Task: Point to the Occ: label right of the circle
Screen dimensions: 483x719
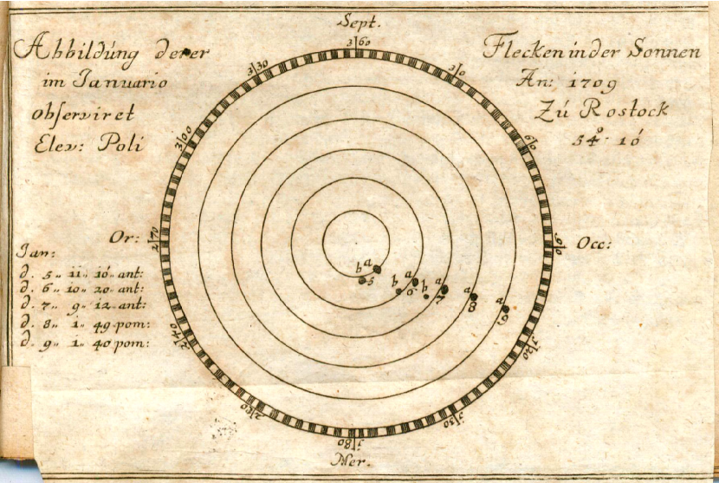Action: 593,244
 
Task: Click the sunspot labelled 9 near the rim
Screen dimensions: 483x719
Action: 505,308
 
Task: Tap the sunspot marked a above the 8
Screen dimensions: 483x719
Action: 473,297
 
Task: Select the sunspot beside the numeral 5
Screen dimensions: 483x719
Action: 362,280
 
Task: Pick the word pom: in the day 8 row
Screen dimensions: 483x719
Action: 133,325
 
